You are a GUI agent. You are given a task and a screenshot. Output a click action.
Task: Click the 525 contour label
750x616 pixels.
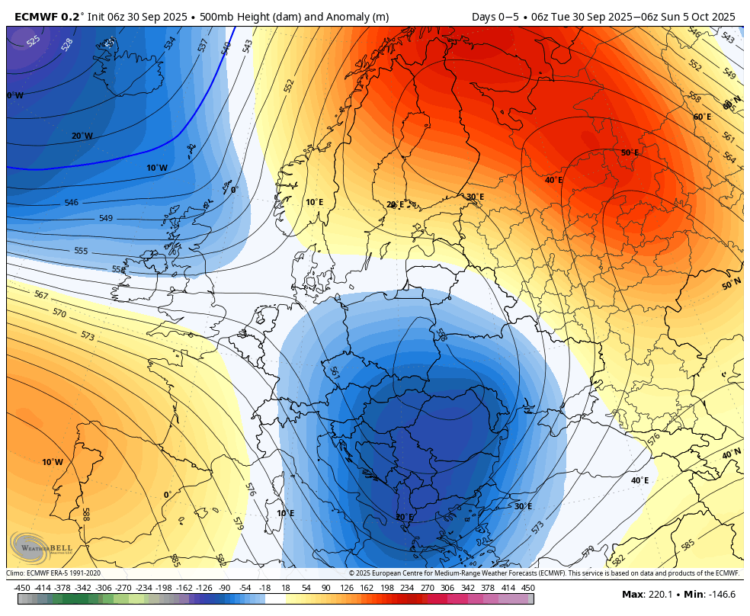pos(34,40)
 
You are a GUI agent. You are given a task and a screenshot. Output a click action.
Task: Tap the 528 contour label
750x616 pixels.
pos(67,44)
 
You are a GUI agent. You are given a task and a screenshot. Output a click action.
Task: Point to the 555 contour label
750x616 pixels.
pos(81,251)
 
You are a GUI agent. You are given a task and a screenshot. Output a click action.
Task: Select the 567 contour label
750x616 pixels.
pos(41,295)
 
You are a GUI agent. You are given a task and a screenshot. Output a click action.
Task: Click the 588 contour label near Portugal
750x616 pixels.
pos(86,515)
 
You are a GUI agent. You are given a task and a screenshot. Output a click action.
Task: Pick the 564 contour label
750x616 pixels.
pos(729,157)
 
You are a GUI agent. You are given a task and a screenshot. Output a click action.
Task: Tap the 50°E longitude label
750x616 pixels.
pos(630,152)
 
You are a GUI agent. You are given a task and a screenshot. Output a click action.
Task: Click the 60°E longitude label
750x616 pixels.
pos(702,117)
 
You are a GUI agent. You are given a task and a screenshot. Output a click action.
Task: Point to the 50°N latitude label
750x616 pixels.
pos(731,285)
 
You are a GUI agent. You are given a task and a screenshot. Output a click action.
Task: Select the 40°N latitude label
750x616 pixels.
pos(731,454)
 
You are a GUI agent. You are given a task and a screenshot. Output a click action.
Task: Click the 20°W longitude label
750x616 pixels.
pos(82,136)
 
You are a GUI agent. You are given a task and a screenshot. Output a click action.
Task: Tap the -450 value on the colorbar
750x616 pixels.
pos(22,588)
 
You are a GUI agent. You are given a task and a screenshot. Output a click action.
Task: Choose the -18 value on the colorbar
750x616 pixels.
pos(264,588)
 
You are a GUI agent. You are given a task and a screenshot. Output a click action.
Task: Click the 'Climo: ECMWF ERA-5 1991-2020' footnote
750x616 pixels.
pos(53,573)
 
